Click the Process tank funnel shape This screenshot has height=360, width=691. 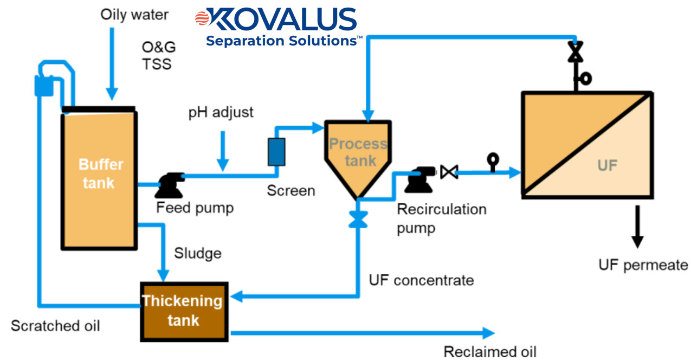[358, 155]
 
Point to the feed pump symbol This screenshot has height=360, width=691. [169, 185]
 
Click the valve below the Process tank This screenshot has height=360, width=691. [357, 219]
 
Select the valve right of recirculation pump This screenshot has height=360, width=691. [449, 172]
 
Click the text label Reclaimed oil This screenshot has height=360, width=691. [490, 351]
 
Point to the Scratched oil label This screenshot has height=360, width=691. [55, 325]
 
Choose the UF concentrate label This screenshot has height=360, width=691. [421, 280]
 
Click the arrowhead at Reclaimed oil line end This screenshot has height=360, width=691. [489, 332]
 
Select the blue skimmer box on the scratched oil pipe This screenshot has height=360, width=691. [43, 86]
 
